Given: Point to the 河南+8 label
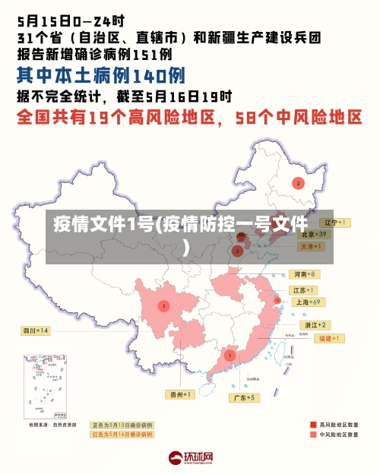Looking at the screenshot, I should pyautogui.click(x=305, y=274).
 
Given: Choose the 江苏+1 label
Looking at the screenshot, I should pyautogui.click(x=305, y=290).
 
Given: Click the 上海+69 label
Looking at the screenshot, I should pyautogui.click(x=309, y=302).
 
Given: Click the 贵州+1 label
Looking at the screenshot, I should pyautogui.click(x=181, y=394).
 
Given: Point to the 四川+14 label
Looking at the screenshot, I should pyautogui.click(x=35, y=330).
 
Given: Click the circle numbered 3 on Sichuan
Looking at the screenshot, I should pyautogui.click(x=163, y=306).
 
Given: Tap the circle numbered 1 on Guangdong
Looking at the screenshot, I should pyautogui.click(x=230, y=355).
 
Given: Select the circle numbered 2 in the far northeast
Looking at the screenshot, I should pyautogui.click(x=299, y=183).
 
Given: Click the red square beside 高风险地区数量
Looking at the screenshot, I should pyautogui.click(x=312, y=425).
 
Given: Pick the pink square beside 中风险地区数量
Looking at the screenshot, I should pyautogui.click(x=312, y=435).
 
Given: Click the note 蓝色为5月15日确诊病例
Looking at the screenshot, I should pyautogui.click(x=122, y=425).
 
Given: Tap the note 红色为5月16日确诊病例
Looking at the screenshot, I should pyautogui.click(x=122, y=434).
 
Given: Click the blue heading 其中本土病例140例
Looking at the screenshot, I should pyautogui.click(x=100, y=75).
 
